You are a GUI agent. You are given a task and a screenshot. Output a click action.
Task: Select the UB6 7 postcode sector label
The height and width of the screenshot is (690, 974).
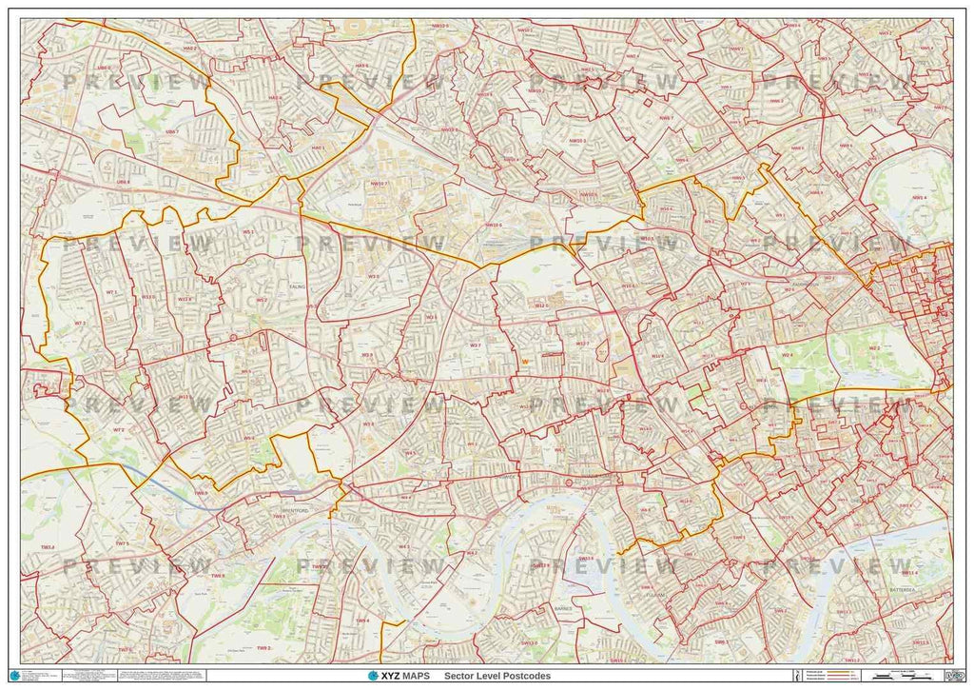point(170,131)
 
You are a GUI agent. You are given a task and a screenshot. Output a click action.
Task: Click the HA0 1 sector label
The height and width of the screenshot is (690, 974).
point(317,148)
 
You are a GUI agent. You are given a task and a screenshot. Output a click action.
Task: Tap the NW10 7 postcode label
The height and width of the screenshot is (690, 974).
point(379,184)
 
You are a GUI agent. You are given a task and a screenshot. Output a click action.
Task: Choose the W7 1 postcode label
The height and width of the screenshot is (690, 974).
point(111,292)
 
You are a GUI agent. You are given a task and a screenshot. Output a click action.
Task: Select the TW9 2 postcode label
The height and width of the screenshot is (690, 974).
point(263,621)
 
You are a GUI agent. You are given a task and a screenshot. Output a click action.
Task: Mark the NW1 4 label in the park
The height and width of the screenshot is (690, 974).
point(919,197)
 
